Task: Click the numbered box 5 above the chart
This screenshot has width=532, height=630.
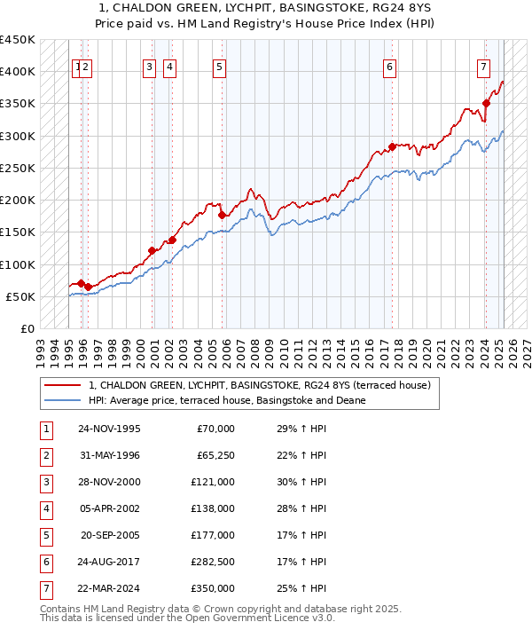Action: coord(219,66)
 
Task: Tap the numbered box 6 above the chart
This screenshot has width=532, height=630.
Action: coord(390,66)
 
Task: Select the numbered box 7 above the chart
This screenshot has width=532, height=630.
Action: coord(483,66)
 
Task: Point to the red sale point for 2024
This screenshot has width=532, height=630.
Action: coord(486,104)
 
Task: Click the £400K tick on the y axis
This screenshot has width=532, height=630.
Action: coord(18,72)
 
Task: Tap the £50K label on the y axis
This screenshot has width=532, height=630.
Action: coord(22,296)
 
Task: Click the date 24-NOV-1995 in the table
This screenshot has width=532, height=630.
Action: coord(109,429)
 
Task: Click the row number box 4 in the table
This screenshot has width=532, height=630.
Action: coord(44,508)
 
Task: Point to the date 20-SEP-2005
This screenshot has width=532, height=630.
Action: coord(109,535)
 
